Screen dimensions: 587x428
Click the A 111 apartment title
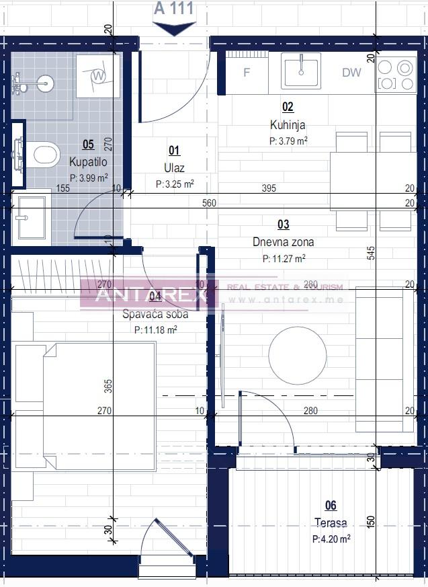pos(174,9)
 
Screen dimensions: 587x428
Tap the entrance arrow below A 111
pos(174,28)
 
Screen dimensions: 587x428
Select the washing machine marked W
pos(98,75)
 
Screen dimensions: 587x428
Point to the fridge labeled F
pos(246,73)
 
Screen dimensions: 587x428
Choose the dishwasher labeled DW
pos(351,73)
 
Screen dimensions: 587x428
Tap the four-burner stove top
pos(395,75)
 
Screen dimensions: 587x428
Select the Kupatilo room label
pos(88,162)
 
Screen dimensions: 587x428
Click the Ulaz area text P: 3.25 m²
pos(175,184)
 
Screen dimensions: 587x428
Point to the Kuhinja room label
pos(288,124)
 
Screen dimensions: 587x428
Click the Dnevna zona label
pos(283,242)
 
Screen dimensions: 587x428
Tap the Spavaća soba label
pos(155,314)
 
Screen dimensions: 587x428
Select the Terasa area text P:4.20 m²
pos(331,539)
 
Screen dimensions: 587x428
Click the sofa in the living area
pos(384,360)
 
